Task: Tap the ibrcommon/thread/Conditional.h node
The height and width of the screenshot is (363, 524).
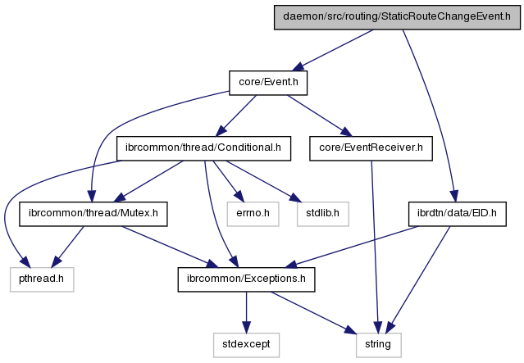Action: (x=204, y=148)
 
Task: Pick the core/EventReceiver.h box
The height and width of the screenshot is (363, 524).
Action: (x=371, y=148)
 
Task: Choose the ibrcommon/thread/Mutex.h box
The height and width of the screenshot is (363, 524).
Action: (x=93, y=215)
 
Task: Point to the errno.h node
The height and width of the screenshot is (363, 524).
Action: (x=248, y=215)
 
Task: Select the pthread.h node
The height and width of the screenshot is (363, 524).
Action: (x=42, y=280)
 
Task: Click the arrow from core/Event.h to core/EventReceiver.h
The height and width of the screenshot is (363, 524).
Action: (x=316, y=116)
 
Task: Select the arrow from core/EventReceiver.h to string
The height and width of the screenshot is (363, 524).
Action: (x=375, y=246)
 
